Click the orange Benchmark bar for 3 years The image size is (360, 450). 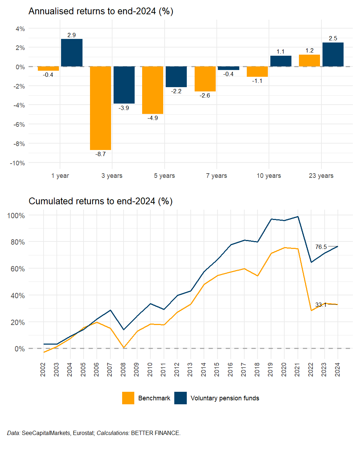(x=100, y=108)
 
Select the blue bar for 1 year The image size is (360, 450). (x=71, y=53)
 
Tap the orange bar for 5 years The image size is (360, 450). (x=152, y=90)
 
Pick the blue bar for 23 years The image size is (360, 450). (x=333, y=55)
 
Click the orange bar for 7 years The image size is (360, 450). (x=205, y=79)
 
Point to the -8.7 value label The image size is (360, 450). (x=100, y=154)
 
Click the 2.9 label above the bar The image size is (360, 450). (x=71, y=35)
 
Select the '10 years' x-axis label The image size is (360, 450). (x=269, y=176)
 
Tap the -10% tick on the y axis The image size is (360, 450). (x=17, y=163)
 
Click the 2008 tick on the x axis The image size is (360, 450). (x=123, y=370)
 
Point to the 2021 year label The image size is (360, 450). (x=297, y=370)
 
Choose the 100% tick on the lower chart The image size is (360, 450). (x=16, y=216)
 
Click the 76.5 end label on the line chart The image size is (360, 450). (x=321, y=247)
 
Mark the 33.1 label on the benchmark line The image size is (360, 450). (x=321, y=305)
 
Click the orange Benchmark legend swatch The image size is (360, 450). (x=128, y=398)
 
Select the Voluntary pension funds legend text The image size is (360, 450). (x=225, y=398)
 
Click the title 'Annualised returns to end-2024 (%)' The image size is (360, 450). (x=101, y=11)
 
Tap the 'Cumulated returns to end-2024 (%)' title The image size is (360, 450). (x=100, y=201)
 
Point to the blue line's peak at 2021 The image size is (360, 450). (x=298, y=217)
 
